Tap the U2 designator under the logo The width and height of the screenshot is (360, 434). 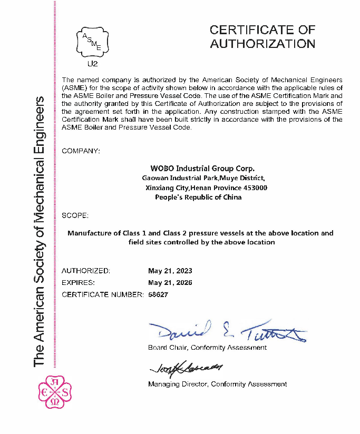coord(92,64)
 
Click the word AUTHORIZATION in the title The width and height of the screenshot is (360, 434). coord(262,44)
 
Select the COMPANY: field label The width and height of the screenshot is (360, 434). coord(81,151)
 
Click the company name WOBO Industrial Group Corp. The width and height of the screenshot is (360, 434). coord(202,169)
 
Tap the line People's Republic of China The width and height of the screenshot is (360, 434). coord(198,197)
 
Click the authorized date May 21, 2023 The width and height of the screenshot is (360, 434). coord(170,271)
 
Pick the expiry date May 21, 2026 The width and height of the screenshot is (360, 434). coord(170,283)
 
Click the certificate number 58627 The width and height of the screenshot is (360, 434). coord(158,294)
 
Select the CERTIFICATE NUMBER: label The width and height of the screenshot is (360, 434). coord(102,294)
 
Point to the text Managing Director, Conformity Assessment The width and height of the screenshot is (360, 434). coord(217,384)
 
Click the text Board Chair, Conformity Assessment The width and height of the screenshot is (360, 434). coord(207,348)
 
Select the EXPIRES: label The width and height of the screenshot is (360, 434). coord(78,283)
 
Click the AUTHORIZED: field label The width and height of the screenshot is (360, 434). coord(86,271)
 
